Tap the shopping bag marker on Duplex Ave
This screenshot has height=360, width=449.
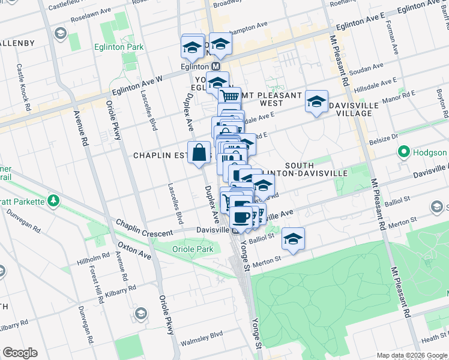click(x=199, y=152)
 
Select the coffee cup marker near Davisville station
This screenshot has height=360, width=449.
click(x=241, y=217)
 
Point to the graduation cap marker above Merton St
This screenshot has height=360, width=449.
click(x=292, y=238)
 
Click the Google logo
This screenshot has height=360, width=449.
click(x=20, y=353)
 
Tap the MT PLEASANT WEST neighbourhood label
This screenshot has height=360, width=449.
click(x=270, y=99)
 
